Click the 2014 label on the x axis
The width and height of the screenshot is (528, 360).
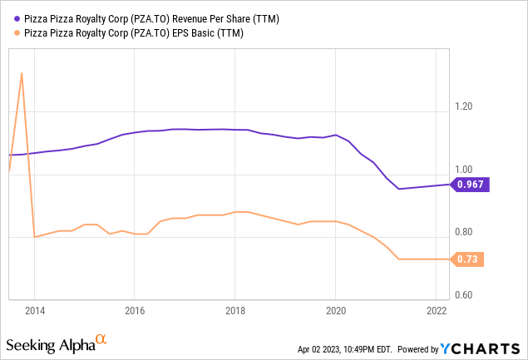34,309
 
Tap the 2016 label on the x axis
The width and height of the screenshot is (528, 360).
135,309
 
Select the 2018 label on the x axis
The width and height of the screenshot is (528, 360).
234,309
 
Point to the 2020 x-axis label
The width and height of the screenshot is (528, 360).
335,309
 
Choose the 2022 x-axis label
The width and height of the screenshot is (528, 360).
435,309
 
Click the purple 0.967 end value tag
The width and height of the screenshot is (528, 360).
471,185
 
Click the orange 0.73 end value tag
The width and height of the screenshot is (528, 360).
468,259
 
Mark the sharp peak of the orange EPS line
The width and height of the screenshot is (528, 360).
22,74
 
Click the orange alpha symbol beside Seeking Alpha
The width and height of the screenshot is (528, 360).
101,339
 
